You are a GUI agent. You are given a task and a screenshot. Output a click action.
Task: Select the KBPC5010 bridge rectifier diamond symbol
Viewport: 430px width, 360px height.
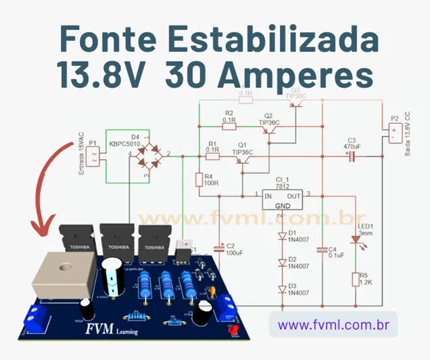pyautogui.click(x=148, y=155)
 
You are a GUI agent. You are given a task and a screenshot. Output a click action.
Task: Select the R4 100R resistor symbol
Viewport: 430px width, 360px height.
pyautogui.click(x=199, y=180)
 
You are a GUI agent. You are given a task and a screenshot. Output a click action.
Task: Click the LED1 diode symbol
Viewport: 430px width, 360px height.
pyautogui.click(x=355, y=239)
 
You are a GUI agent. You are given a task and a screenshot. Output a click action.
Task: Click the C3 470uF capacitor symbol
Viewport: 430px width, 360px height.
pyautogui.click(x=350, y=156)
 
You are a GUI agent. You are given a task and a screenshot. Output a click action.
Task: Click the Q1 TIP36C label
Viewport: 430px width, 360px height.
pyautogui.click(x=242, y=149)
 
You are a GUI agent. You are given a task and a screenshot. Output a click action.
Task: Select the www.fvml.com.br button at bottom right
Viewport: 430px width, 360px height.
pyautogui.click(x=333, y=325)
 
